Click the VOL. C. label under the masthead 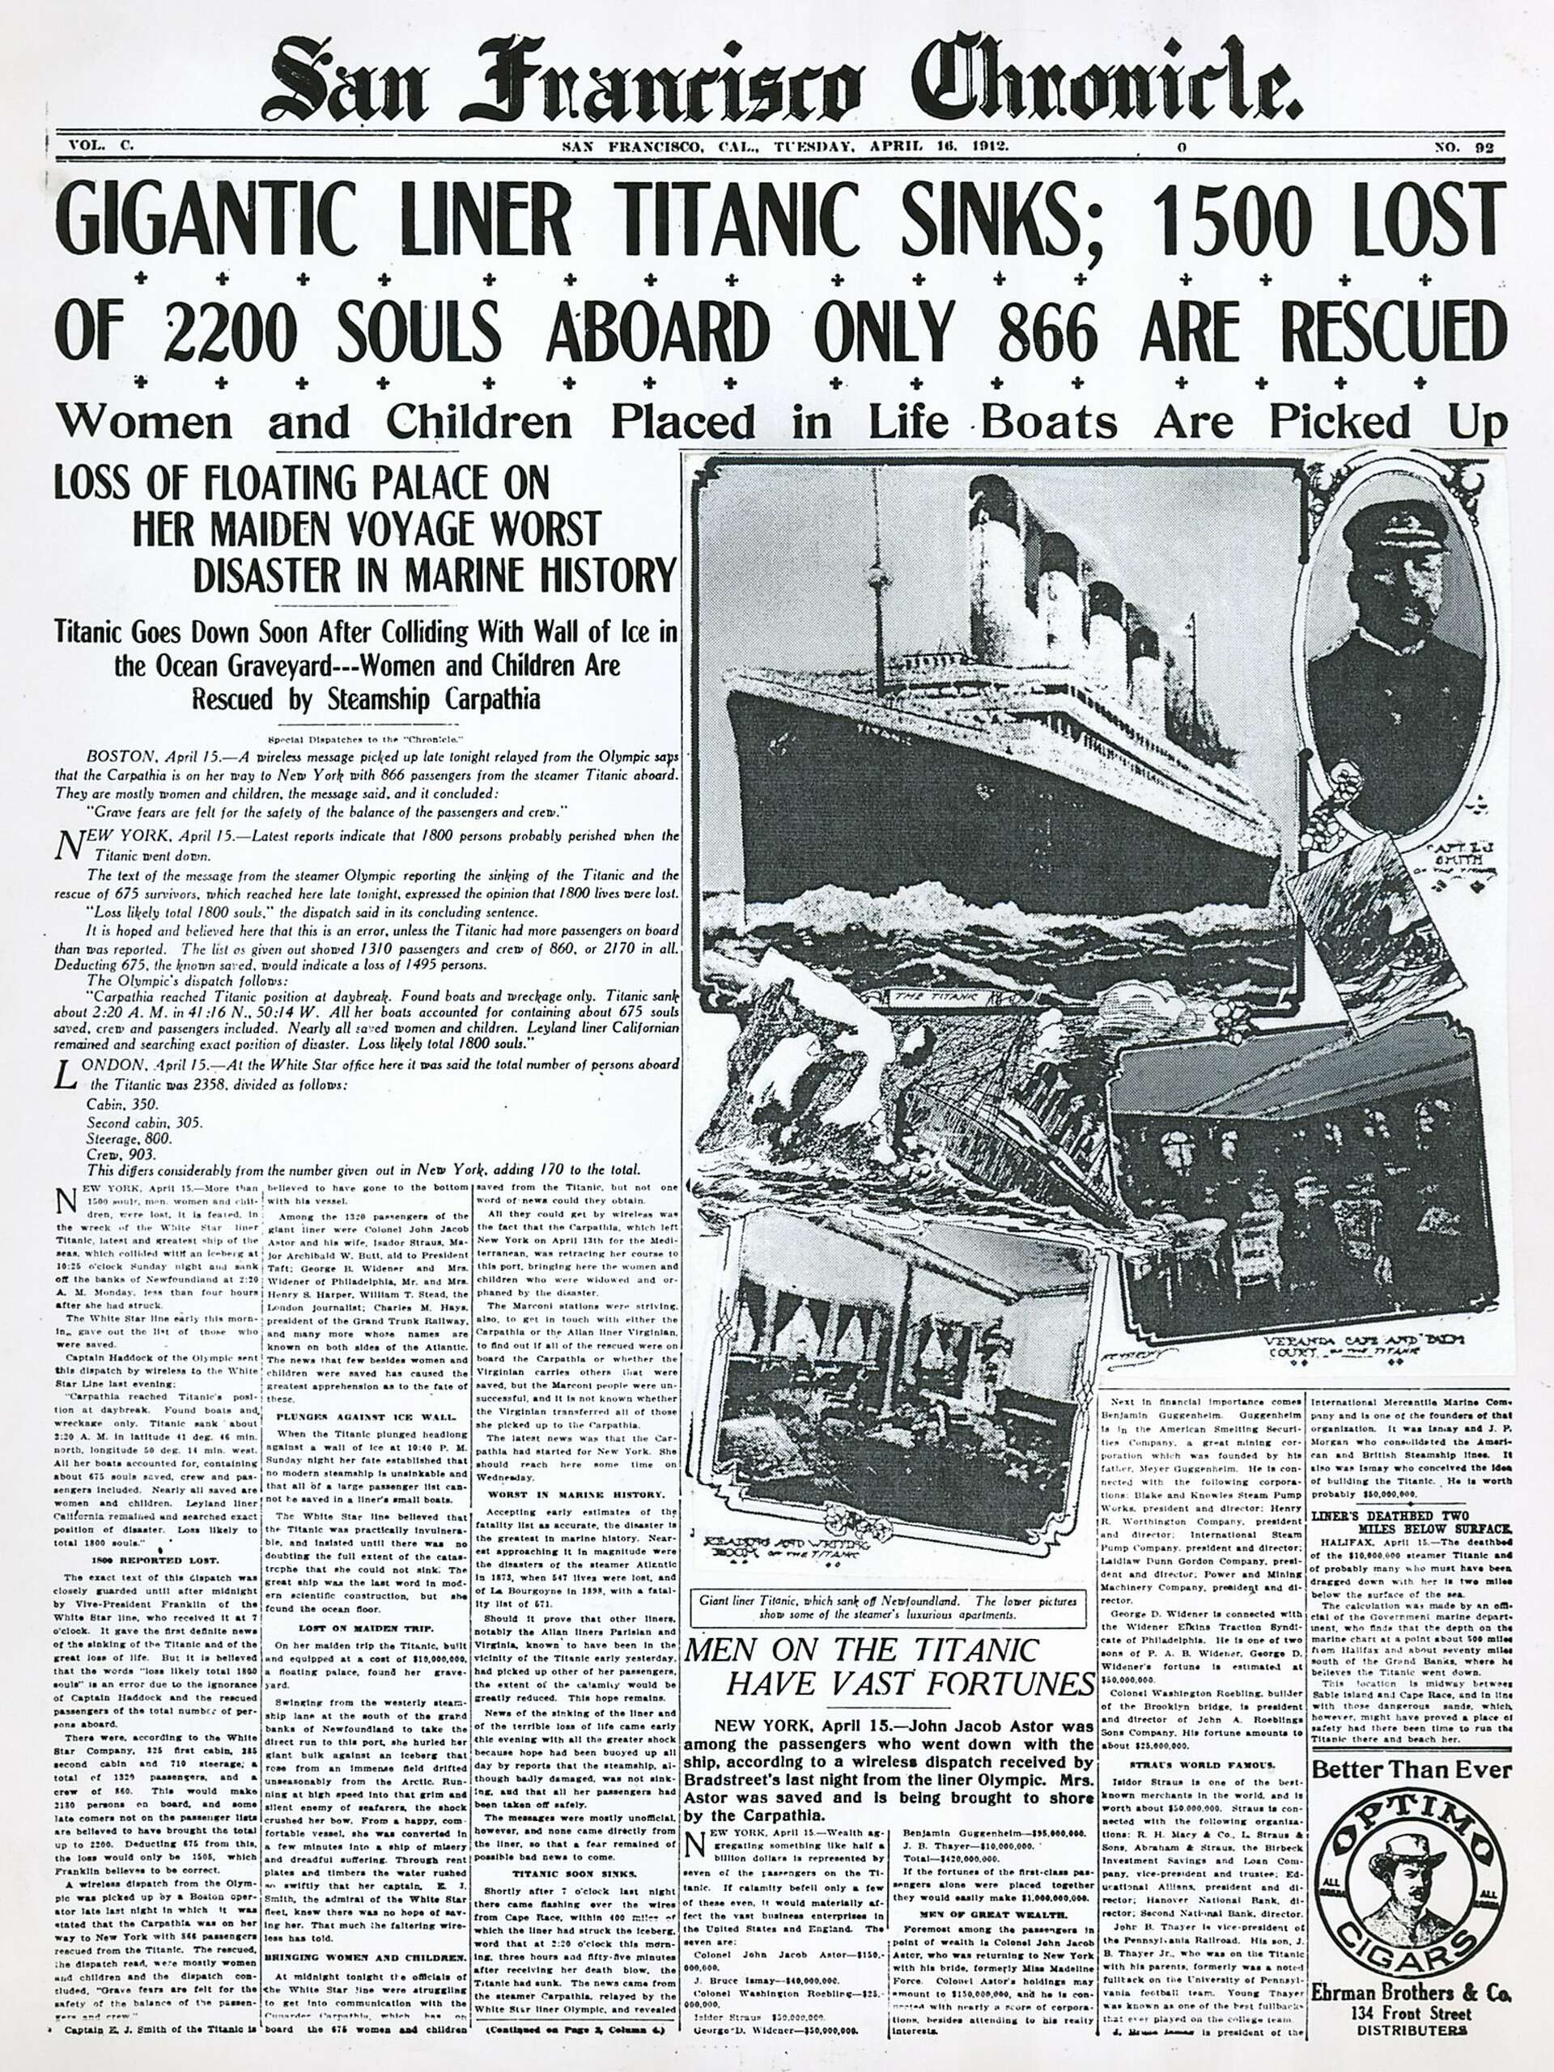[102, 147]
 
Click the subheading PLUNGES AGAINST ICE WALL [367, 1416]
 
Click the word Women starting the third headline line [144, 422]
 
